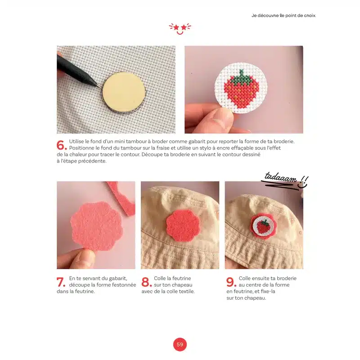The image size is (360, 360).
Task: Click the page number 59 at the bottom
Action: coord(180,344)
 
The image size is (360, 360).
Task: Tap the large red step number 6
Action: coord(62,145)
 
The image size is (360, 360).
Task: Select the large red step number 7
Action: coord(61,282)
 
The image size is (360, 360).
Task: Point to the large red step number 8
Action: coord(147,282)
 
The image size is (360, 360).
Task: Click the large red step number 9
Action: coord(231,282)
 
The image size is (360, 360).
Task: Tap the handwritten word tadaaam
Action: coord(280,178)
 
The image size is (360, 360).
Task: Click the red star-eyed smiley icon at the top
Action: coord(180,29)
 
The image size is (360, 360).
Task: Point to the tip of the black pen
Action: coord(100,87)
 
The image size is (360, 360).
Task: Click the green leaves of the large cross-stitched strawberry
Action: coord(242,77)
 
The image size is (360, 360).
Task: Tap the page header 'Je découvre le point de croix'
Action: coord(283,16)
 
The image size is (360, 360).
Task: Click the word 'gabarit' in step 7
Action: coord(118,279)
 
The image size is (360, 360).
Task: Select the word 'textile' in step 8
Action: coord(187,291)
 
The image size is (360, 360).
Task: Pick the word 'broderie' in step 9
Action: coord(287,278)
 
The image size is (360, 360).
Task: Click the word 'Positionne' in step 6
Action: coord(81,148)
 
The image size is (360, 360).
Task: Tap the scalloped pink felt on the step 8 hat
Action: coord(183,226)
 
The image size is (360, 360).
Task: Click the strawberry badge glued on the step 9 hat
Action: coord(263,226)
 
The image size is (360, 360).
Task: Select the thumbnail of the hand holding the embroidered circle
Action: coord(243,90)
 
